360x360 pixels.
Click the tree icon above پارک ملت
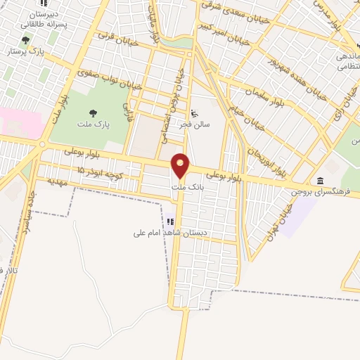pyautogui.click(x=93, y=112)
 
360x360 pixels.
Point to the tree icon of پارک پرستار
pyautogui.click(x=26, y=41)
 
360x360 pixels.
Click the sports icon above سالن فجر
pyautogui.click(x=195, y=112)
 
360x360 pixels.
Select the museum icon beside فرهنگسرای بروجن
pyautogui.click(x=321, y=181)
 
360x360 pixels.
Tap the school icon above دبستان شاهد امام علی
pyautogui.click(x=170, y=221)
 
